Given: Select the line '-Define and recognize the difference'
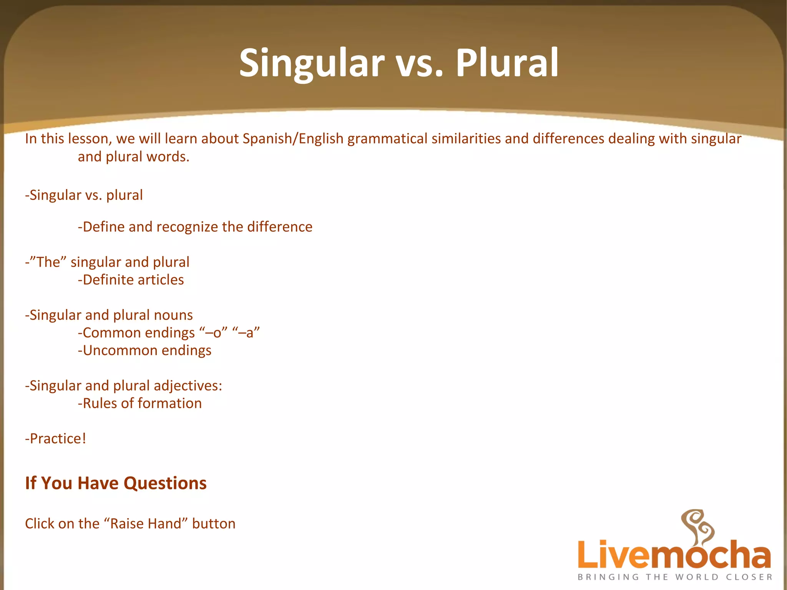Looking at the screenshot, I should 195,227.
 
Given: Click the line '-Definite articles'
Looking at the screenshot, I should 131,280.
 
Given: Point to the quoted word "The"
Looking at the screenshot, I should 48,262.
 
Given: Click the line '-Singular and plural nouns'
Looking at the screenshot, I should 109,315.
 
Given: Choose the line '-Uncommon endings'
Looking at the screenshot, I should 144,351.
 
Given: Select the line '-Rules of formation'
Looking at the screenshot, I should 139,404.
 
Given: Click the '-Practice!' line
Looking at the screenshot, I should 56,439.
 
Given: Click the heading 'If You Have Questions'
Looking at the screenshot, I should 116,483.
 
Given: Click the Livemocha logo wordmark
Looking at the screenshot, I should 674,555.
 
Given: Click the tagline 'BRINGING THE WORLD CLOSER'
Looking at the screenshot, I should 675,577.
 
